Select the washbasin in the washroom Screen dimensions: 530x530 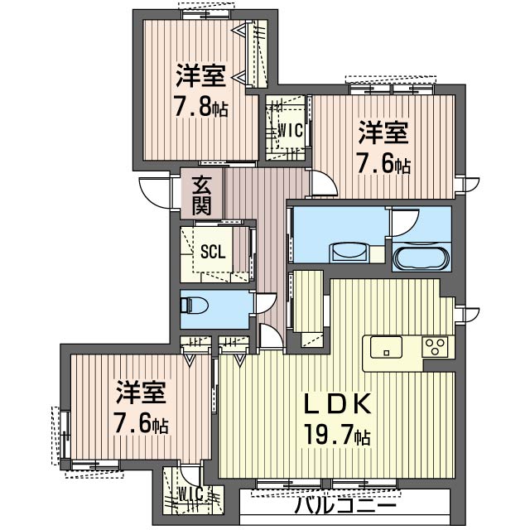[x=349, y=252]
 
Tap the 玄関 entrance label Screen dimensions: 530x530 [x=202, y=195]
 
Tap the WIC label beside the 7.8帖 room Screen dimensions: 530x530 [x=288, y=130]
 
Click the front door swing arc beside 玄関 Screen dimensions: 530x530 [x=155, y=194]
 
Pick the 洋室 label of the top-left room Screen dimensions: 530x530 [x=201, y=77]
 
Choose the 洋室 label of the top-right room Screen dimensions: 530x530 [x=383, y=132]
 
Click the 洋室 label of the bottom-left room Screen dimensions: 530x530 [x=141, y=393]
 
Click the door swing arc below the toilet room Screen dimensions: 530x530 [x=270, y=335]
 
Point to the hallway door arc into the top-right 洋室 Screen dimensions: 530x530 [x=321, y=184]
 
